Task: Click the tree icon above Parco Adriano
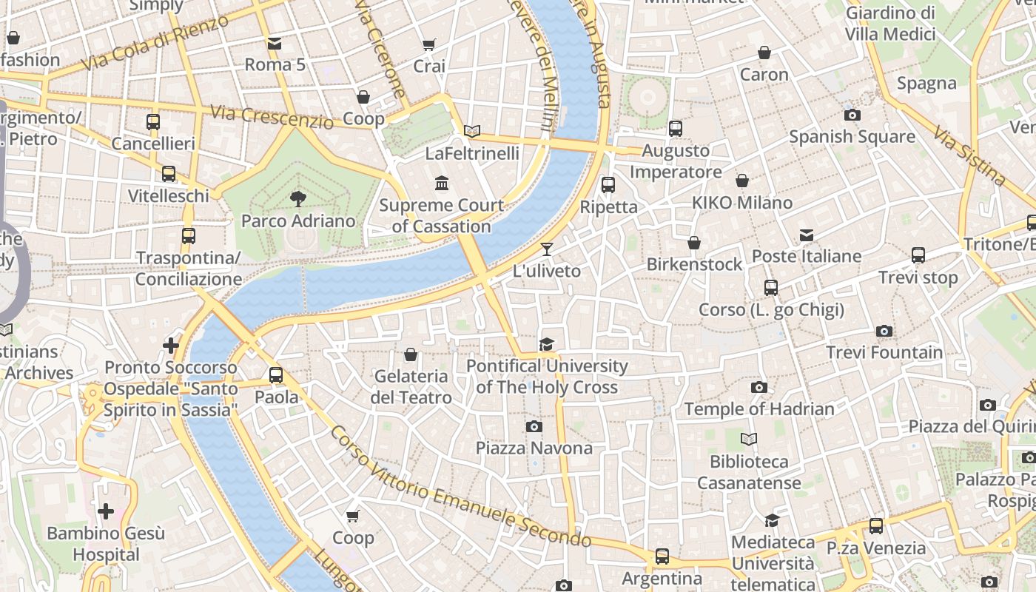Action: click(298, 198)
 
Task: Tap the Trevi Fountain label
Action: click(884, 352)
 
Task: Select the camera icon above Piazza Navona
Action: click(534, 426)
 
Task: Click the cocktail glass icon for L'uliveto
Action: click(547, 249)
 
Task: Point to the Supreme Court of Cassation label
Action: click(442, 215)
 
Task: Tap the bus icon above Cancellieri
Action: click(153, 122)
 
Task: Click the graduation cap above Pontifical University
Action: click(546, 344)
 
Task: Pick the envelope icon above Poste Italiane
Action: click(806, 235)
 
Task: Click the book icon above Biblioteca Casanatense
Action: click(749, 440)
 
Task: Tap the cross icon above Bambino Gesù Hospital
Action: click(106, 511)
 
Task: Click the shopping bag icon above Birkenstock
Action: click(694, 243)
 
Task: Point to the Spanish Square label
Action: click(852, 136)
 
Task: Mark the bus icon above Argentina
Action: click(662, 556)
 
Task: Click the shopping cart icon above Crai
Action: click(428, 45)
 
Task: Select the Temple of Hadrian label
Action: click(758, 408)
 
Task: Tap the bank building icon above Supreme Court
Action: click(442, 183)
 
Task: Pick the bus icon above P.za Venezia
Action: click(876, 526)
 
